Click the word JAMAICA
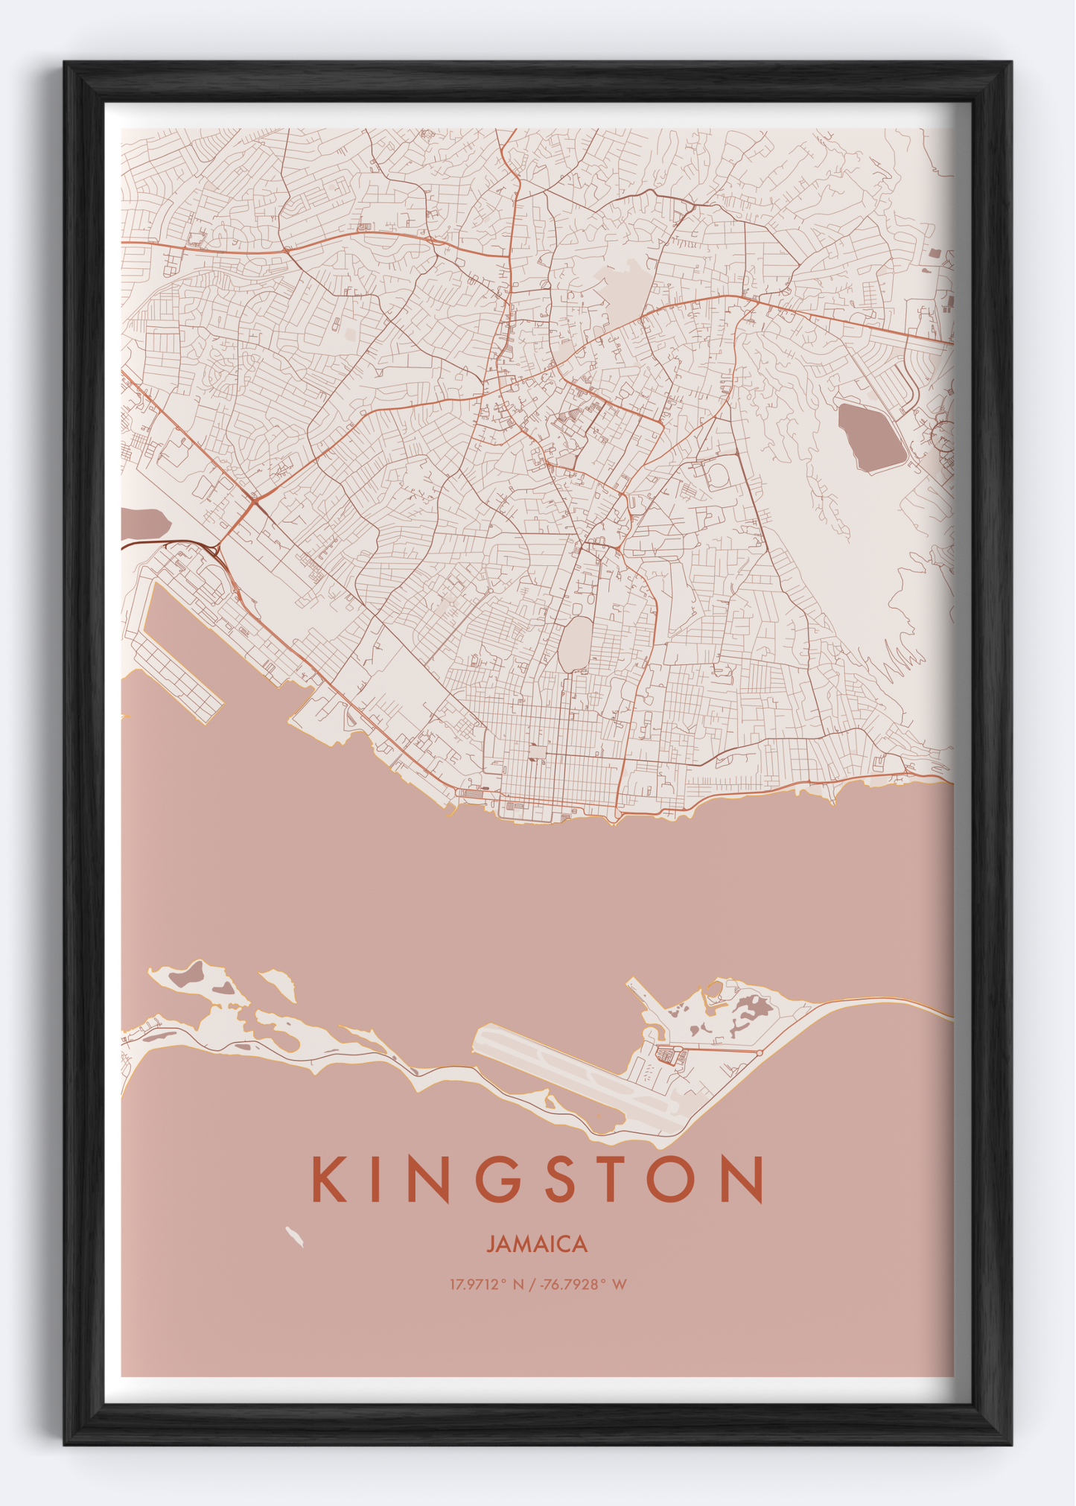537,1245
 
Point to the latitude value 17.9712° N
486,1285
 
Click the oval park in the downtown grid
574,644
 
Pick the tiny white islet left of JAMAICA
294,1237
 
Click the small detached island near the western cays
279,983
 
